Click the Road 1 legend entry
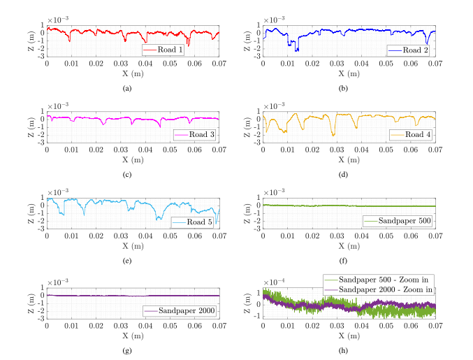click(x=163, y=50)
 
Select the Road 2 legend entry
click(x=409, y=50)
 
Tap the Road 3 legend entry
click(x=194, y=135)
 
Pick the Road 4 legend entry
click(x=411, y=135)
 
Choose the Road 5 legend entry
click(x=192, y=222)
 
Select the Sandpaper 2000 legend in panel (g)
click(x=180, y=310)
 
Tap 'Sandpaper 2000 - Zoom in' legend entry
click(x=379, y=289)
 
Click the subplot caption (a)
click(x=127, y=88)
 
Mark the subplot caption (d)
click(x=343, y=175)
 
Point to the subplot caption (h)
click(x=343, y=351)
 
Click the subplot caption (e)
click(x=127, y=261)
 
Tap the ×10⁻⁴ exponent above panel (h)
click(x=274, y=282)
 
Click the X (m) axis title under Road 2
click(x=349, y=73)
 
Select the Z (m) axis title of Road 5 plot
click(x=31, y=213)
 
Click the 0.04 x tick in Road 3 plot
click(x=145, y=150)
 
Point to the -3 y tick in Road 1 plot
click(x=41, y=56)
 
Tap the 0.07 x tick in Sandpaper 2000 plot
click(x=219, y=326)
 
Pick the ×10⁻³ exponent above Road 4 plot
click(x=274, y=106)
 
